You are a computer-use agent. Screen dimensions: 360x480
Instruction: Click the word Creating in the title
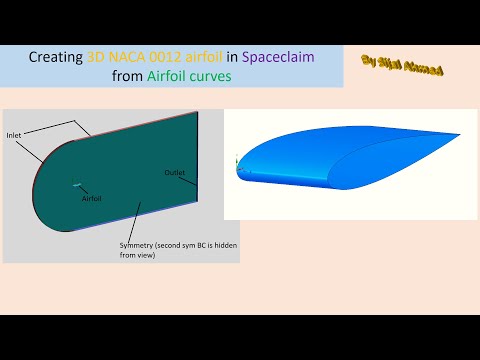[55, 58]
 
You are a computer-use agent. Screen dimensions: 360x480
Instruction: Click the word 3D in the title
[96, 58]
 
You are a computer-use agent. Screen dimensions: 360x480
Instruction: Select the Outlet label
[175, 173]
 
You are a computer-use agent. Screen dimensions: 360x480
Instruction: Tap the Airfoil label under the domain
[92, 198]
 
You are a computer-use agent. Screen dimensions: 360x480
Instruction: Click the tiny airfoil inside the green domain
[76, 183]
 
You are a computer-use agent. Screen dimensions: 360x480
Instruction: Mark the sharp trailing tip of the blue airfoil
[462, 134]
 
